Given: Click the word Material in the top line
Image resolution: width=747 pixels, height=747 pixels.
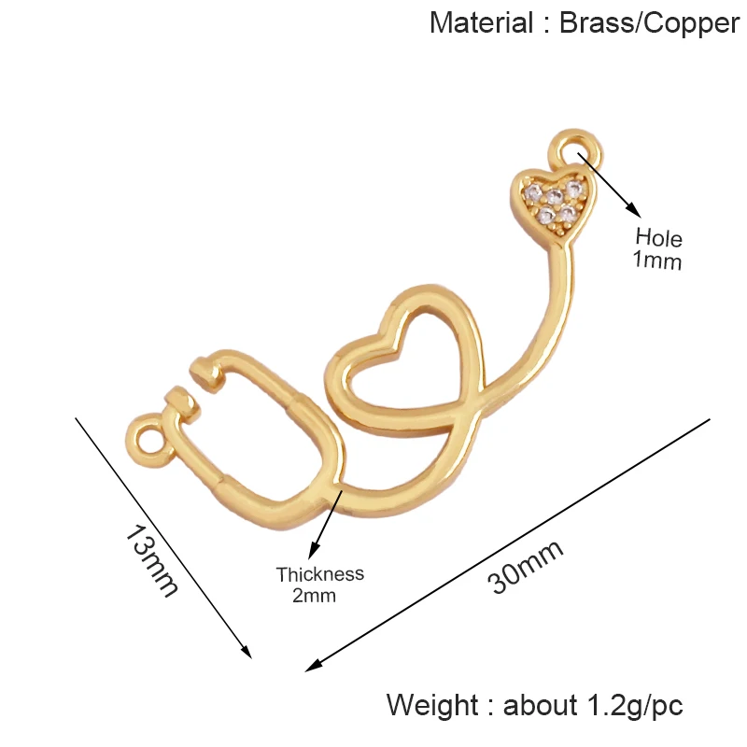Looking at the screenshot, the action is (x=481, y=22).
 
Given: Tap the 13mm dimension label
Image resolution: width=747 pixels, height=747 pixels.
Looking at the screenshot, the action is (x=151, y=560).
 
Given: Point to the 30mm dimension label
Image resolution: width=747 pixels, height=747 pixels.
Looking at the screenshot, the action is (x=525, y=567).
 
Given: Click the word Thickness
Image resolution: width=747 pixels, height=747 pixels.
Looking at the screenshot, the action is (x=319, y=574).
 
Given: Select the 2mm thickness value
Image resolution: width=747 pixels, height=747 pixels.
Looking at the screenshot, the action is (x=314, y=596).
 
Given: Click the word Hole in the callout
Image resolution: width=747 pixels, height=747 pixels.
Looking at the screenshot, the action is (x=659, y=237).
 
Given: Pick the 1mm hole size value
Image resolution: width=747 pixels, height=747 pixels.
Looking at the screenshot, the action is (x=657, y=261).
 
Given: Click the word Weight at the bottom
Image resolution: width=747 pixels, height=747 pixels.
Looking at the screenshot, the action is (x=433, y=706).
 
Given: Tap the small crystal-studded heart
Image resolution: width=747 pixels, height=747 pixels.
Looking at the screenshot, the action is (x=554, y=203).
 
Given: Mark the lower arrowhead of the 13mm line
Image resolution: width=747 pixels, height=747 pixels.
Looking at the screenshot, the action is (x=246, y=651).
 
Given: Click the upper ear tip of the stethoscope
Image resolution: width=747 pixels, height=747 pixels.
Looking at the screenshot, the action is (x=206, y=372).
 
